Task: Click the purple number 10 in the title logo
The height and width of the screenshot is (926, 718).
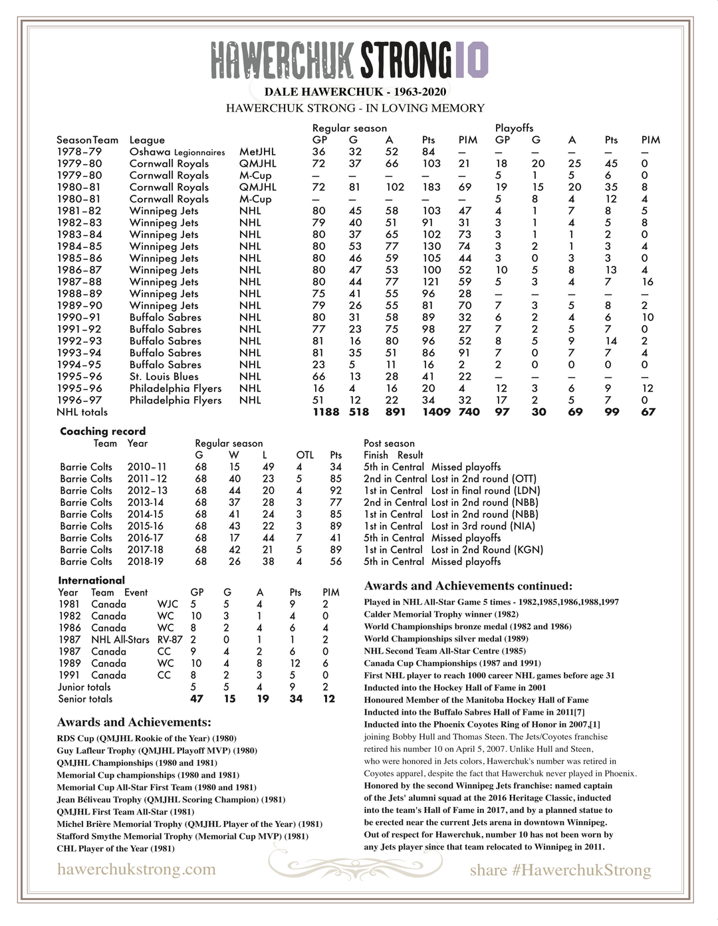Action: [x=472, y=59]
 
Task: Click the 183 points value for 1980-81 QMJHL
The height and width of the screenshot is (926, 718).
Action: [x=431, y=187]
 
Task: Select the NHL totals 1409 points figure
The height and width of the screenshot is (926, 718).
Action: [x=435, y=412]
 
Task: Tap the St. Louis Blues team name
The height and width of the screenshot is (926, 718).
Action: [x=164, y=376]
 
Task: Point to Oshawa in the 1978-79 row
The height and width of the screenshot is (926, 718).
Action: [x=150, y=152]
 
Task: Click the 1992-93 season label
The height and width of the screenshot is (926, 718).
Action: [x=79, y=341]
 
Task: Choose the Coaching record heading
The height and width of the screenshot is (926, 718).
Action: [x=102, y=431]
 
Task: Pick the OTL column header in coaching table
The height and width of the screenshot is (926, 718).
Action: [x=304, y=455]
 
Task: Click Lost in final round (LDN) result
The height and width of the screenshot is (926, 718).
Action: [x=484, y=491]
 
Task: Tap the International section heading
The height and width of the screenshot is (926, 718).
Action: [x=91, y=580]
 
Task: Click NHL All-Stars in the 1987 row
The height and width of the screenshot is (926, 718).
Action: [x=120, y=639]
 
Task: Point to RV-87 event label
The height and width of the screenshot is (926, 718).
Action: [x=170, y=639]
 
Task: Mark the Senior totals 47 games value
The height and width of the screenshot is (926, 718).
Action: [x=197, y=699]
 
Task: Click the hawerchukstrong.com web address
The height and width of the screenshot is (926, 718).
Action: [x=136, y=869]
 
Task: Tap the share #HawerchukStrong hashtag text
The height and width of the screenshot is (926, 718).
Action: [x=560, y=870]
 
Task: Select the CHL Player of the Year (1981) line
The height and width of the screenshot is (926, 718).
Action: [x=116, y=849]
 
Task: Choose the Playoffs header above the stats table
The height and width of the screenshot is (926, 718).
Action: [x=514, y=128]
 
